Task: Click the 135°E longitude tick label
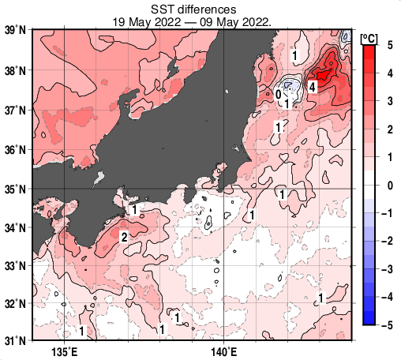(x=66, y=351)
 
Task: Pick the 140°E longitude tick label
(x=224, y=351)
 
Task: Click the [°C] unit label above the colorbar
(x=368, y=37)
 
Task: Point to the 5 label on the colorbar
(x=388, y=46)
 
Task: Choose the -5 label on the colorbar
(x=386, y=325)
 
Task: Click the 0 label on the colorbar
(x=388, y=186)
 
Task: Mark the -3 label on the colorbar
(x=386, y=269)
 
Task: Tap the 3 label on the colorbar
(x=388, y=102)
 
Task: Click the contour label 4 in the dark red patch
(x=313, y=87)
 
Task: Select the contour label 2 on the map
(x=124, y=237)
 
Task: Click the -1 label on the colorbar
(x=386, y=213)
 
